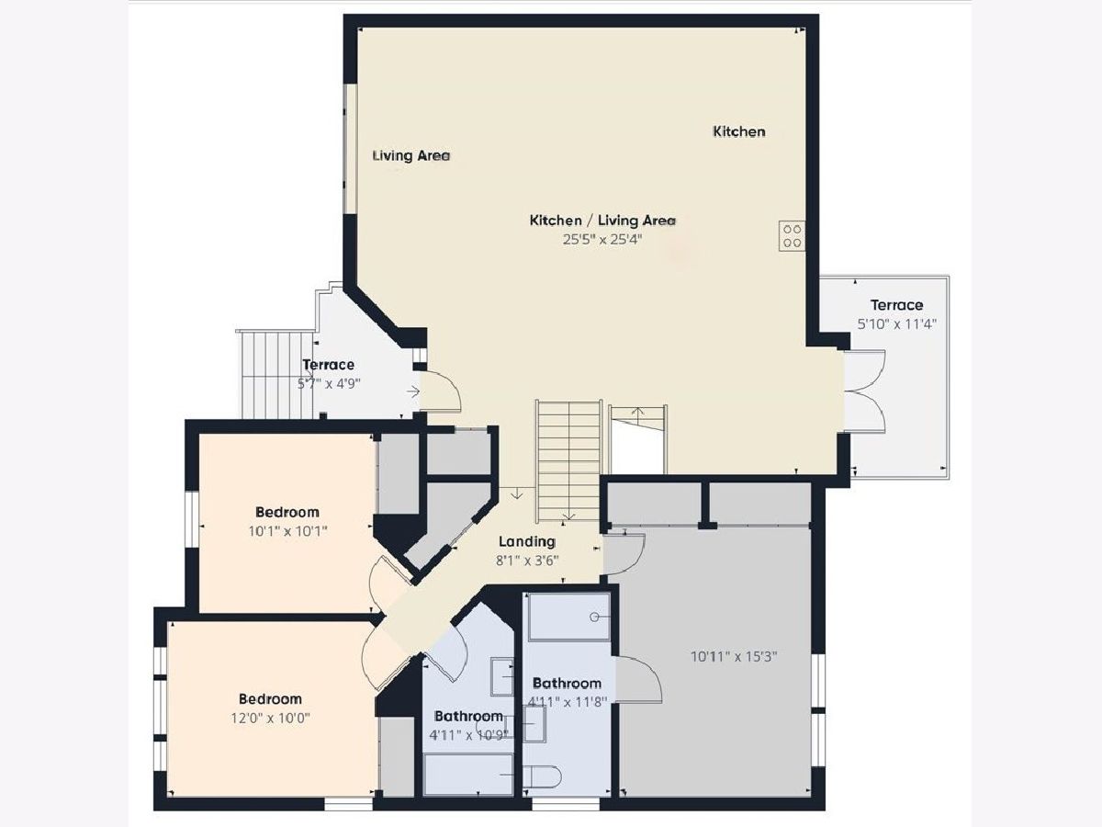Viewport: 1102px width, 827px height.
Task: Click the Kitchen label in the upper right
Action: click(739, 132)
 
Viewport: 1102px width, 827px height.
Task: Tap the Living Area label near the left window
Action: click(410, 156)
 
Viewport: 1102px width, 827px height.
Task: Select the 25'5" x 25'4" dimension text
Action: click(602, 240)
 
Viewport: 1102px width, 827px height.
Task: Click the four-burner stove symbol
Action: click(792, 236)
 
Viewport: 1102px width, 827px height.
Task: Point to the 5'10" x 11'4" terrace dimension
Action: click(896, 324)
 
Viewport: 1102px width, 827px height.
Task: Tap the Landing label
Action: click(527, 542)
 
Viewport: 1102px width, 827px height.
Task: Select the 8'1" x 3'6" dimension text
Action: click(527, 561)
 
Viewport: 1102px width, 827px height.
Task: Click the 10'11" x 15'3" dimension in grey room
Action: click(734, 657)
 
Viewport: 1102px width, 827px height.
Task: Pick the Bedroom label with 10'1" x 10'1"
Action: click(287, 512)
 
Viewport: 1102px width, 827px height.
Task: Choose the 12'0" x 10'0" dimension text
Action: click(270, 719)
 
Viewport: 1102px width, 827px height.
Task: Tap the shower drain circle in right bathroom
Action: click(596, 617)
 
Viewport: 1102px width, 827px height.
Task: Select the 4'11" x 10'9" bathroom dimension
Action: click(469, 736)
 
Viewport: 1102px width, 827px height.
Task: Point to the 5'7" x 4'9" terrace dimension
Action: click(329, 384)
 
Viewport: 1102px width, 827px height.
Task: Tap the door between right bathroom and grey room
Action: click(638, 679)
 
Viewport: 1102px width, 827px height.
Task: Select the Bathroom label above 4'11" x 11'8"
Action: click(567, 684)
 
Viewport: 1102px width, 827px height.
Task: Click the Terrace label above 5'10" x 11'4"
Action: click(896, 305)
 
